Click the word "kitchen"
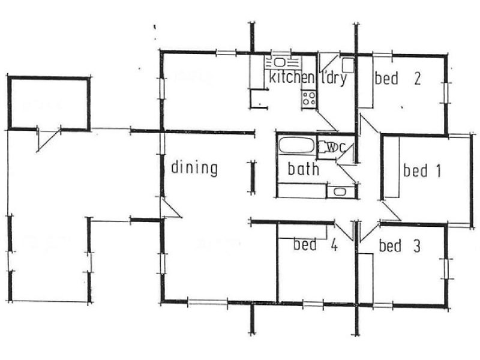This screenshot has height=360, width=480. click(292, 78)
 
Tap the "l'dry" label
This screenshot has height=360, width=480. click(335, 78)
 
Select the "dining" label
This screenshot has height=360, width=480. click(194, 168)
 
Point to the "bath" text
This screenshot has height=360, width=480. click(304, 169)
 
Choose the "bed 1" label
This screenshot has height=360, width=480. click(422, 171)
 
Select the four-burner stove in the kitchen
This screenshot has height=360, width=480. click(310, 98)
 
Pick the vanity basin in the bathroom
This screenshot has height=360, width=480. click(340, 192)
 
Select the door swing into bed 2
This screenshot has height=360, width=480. click(368, 122)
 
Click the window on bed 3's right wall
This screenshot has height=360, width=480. click(446, 268)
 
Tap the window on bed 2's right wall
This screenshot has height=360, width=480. click(446, 91)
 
